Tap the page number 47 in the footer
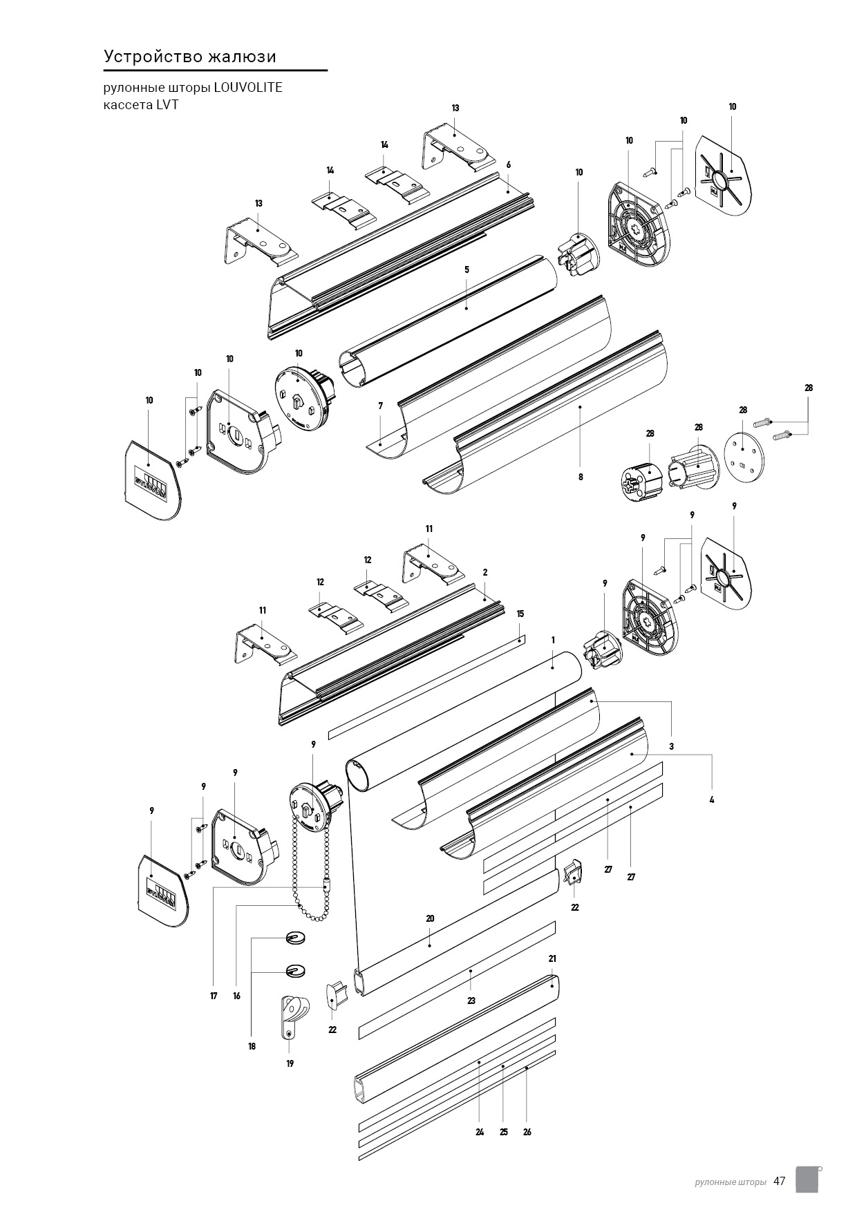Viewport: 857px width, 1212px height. pyautogui.click(x=780, y=1181)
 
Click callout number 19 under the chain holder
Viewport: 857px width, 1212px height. pyautogui.click(x=290, y=1063)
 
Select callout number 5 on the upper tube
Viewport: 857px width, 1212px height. pyautogui.click(x=467, y=269)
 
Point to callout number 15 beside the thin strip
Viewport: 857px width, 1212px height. pyautogui.click(x=520, y=614)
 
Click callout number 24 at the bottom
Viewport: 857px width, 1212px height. pyautogui.click(x=480, y=1132)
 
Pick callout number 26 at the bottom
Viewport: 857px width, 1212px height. pyautogui.click(x=527, y=1132)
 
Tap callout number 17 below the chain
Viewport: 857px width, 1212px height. pyautogui.click(x=214, y=996)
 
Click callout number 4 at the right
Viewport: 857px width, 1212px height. pyautogui.click(x=712, y=799)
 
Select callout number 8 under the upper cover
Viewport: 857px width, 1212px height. pyautogui.click(x=581, y=477)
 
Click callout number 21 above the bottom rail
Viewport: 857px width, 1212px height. pyautogui.click(x=552, y=958)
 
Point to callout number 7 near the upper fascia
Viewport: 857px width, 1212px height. pyautogui.click(x=380, y=406)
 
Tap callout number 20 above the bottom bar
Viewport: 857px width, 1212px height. pyautogui.click(x=430, y=918)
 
